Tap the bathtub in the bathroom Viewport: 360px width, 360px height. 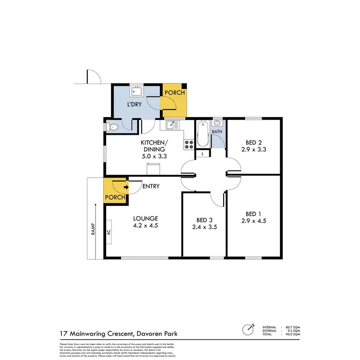point(203,136)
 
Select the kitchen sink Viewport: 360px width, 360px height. point(172,125)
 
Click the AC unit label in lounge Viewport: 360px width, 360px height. point(109,231)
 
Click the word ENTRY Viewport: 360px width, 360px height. point(151,186)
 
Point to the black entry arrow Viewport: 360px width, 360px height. point(126,187)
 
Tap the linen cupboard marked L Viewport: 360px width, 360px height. point(203,154)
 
